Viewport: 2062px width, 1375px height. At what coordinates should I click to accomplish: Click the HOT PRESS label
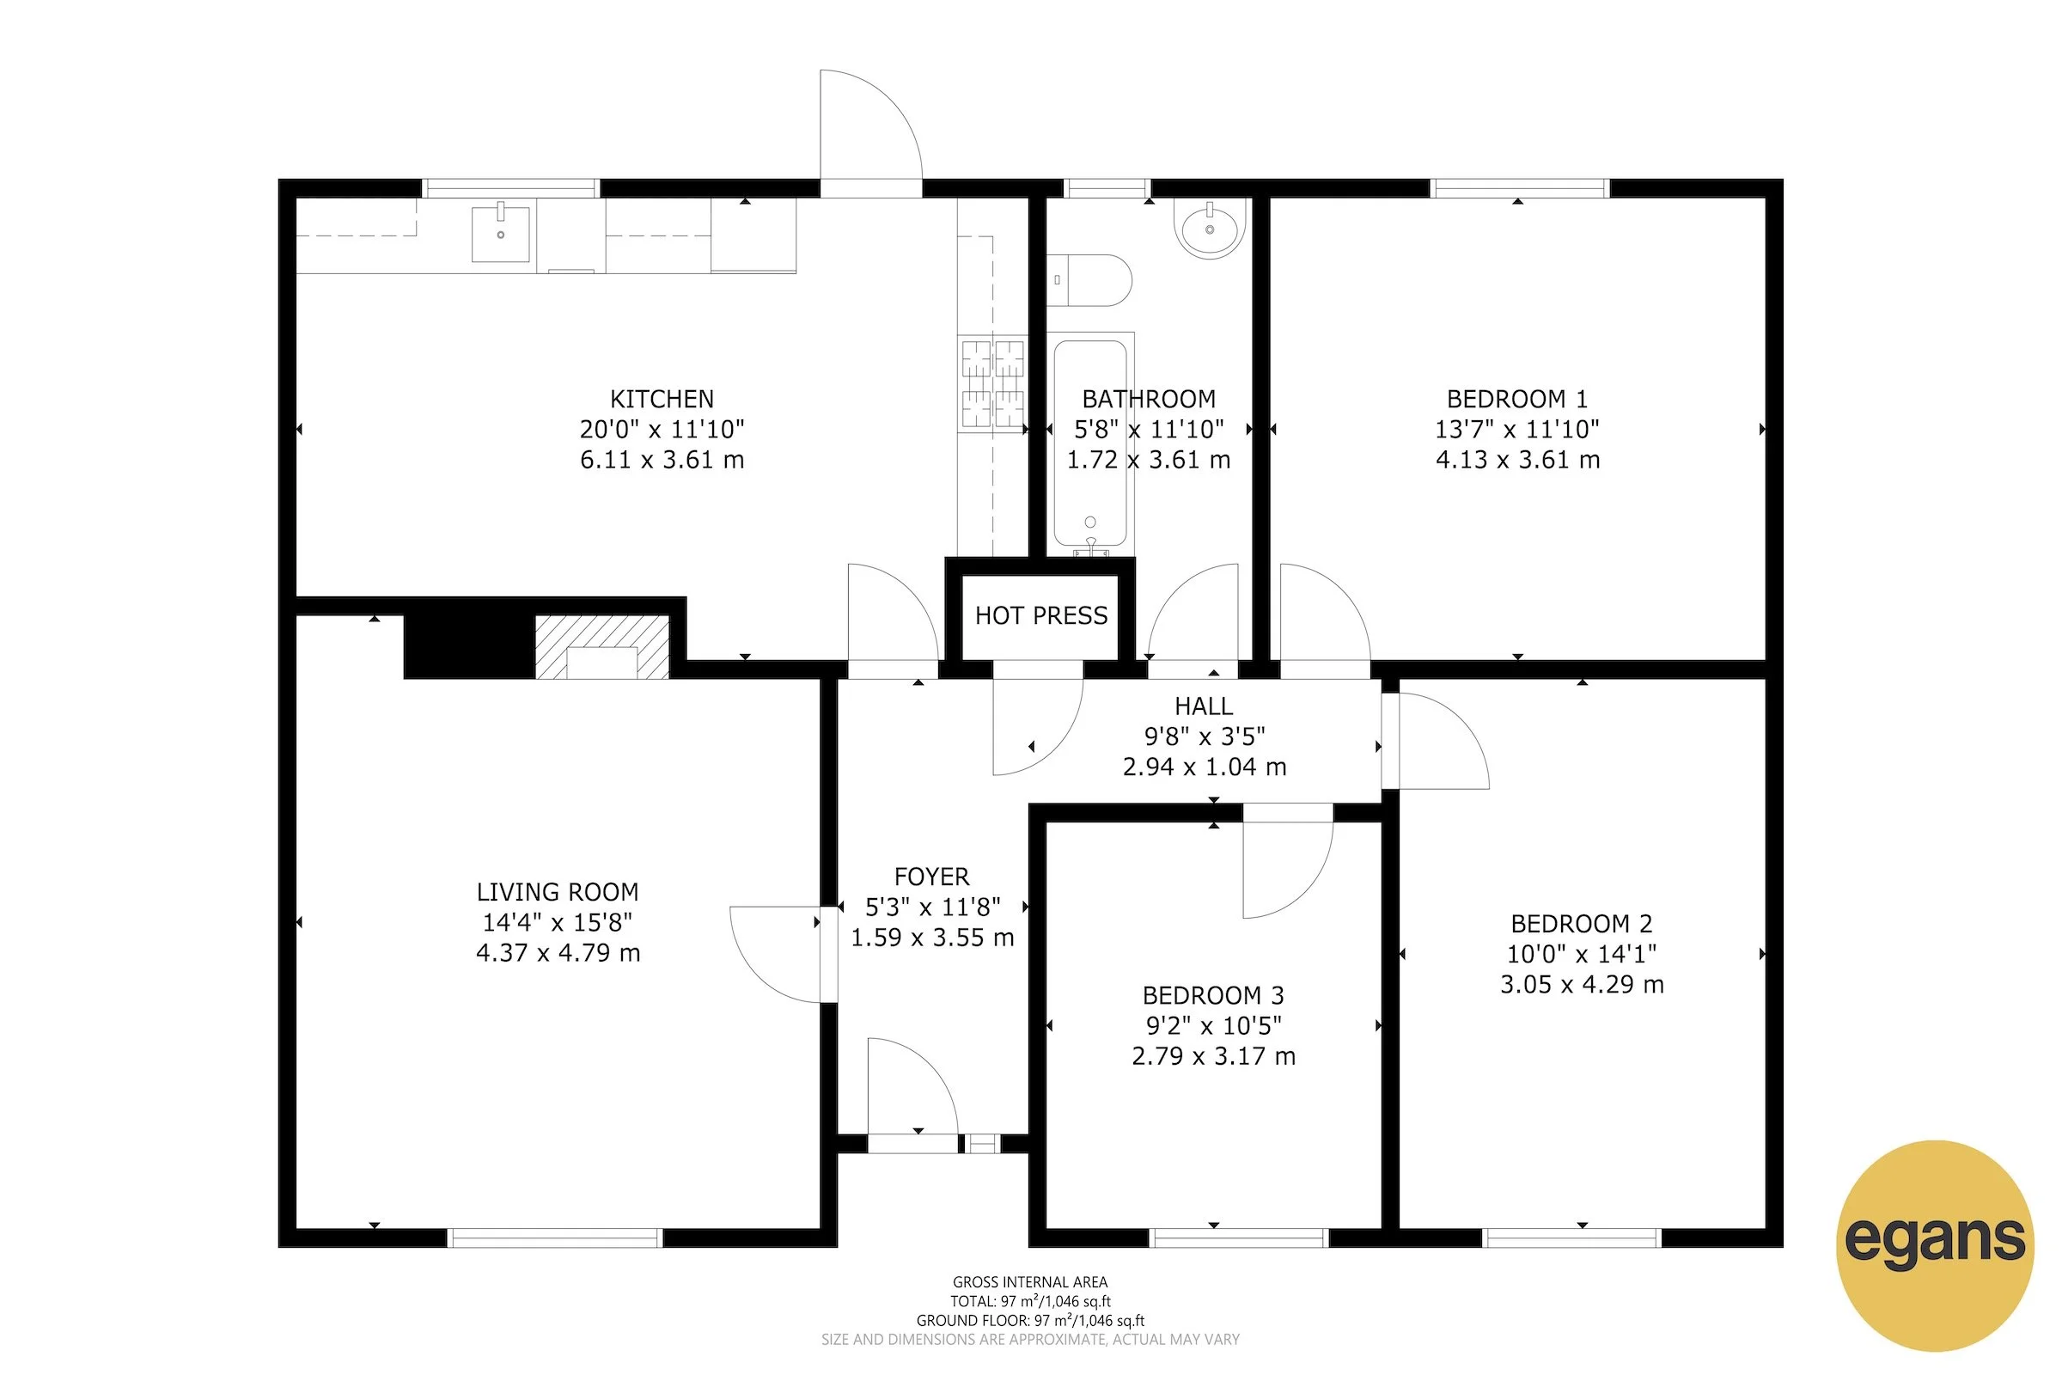[1040, 615]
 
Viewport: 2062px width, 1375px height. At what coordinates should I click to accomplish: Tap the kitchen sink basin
[501, 234]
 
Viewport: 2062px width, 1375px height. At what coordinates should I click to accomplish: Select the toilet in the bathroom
[1089, 281]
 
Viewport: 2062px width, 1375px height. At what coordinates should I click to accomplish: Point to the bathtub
[1089, 443]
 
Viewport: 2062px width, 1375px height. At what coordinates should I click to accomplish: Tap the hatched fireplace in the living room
[602, 647]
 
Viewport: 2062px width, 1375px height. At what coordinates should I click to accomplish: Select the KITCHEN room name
[662, 399]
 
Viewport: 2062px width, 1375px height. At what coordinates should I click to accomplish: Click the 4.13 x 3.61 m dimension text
[1517, 460]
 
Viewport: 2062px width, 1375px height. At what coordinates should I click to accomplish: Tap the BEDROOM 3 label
[1212, 995]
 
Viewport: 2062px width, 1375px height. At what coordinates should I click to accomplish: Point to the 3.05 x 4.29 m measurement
[1582, 984]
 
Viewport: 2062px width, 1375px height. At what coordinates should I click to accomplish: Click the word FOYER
[931, 876]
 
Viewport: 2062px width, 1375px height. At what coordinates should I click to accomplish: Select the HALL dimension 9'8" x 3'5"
[1204, 736]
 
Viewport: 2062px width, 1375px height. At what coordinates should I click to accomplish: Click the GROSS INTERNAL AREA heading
[1030, 1282]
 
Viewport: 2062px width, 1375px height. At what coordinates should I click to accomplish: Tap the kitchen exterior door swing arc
[886, 114]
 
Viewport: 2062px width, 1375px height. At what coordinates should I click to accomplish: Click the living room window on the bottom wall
[555, 1237]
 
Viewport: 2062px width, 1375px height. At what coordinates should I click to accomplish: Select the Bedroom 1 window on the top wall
[1519, 187]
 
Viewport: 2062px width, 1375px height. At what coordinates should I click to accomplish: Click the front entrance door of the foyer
[912, 1144]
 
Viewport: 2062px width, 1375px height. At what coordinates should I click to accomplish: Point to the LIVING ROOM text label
[558, 892]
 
